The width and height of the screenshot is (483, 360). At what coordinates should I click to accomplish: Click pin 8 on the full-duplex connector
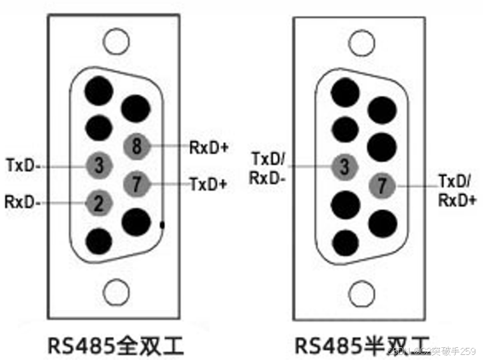(x=136, y=146)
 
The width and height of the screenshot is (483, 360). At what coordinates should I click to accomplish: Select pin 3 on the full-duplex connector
(x=99, y=165)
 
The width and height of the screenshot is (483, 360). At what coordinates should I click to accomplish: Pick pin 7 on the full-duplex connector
(x=136, y=184)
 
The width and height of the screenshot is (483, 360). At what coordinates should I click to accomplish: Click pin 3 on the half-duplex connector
(x=345, y=168)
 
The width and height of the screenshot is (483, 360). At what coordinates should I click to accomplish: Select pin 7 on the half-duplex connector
(x=382, y=186)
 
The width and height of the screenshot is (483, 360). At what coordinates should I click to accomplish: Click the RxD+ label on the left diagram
(x=209, y=147)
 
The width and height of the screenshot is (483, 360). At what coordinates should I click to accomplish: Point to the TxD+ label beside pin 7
(x=208, y=185)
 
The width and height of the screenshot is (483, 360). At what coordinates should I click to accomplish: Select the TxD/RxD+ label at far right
(x=457, y=189)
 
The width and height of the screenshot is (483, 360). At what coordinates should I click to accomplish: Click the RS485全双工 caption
(x=116, y=345)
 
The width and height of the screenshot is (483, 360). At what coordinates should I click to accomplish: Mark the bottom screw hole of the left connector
(x=115, y=293)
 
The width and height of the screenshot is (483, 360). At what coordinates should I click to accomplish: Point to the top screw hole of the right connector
(x=360, y=41)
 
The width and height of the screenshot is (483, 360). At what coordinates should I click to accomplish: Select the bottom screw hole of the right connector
(x=360, y=293)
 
